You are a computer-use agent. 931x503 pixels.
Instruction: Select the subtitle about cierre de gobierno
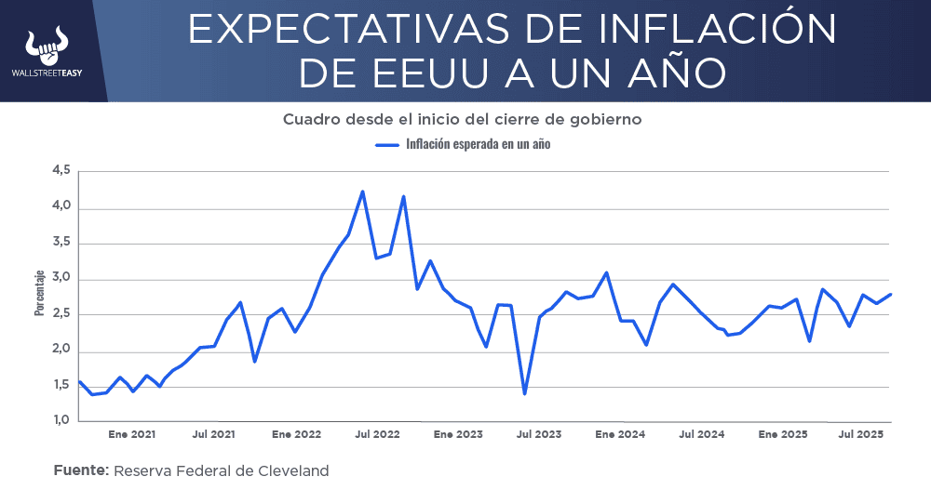(463, 120)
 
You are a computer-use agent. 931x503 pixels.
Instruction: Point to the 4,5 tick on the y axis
(61, 171)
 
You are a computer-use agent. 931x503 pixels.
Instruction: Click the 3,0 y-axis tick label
(61, 279)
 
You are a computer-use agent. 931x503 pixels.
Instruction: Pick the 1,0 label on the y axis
(61, 421)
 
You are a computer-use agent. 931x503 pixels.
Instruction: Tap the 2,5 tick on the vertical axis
(61, 314)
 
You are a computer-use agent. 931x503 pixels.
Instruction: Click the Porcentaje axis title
(39, 293)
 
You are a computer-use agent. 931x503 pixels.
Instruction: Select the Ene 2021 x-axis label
(131, 434)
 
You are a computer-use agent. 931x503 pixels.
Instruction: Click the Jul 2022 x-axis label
(377, 434)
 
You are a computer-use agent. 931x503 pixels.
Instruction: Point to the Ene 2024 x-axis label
(619, 434)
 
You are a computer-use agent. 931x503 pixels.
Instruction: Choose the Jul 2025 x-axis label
(861, 434)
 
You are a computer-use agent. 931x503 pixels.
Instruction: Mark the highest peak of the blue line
(362, 192)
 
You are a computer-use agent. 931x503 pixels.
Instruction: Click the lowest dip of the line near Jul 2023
(525, 393)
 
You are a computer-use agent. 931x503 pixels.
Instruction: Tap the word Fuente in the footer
(81, 470)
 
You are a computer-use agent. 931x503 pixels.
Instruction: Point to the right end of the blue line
(891, 295)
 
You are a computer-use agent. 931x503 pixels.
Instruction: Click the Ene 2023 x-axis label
(458, 434)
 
